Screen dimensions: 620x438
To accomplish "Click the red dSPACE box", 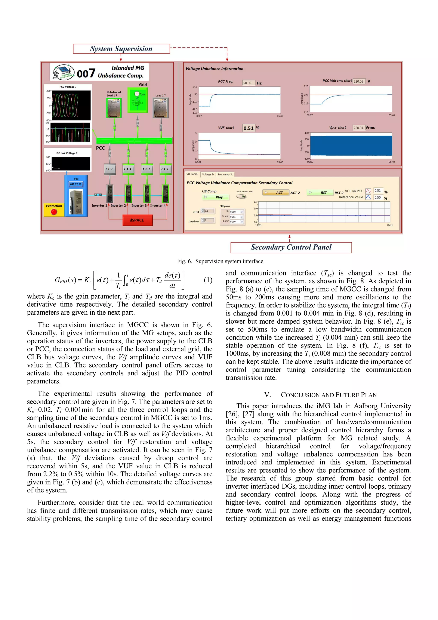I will pos(137,220).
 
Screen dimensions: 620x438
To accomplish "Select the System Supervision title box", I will pos(121,49).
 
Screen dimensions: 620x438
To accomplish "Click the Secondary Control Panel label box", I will pos(291,247).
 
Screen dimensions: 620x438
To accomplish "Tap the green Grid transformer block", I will pos(138,100).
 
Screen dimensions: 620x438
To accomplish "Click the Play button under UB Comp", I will pos(216,197).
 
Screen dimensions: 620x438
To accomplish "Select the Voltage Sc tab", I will pos(208,174).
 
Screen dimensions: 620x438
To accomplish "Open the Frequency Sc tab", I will pos(225,174).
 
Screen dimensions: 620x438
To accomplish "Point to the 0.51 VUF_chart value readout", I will pos(248,128).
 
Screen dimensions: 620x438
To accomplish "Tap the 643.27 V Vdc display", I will pos(75,184).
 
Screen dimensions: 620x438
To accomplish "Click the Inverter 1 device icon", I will pos(110,193).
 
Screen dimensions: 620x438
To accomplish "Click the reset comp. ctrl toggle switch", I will pos(241,197).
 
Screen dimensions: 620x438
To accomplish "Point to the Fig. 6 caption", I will pos(220,261).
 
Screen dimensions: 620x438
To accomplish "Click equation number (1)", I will pos(208,280).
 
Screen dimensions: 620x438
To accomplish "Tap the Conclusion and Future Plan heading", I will pos(320,395).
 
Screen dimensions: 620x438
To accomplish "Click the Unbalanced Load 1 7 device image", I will pos(114,108).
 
